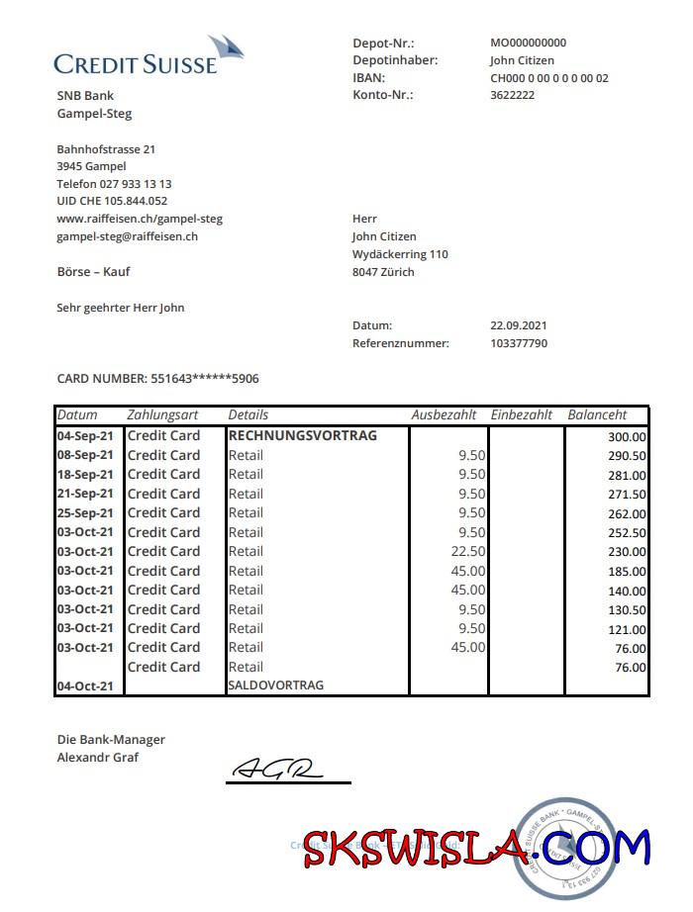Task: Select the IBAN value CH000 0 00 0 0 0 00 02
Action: pyautogui.click(x=549, y=78)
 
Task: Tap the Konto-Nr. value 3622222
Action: pyautogui.click(x=513, y=95)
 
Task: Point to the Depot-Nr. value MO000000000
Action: pyautogui.click(x=529, y=43)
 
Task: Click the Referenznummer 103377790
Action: pyautogui.click(x=519, y=343)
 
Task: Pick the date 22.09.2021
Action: pyautogui.click(x=519, y=325)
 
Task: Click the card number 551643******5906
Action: pyautogui.click(x=205, y=379)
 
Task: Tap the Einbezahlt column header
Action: pyautogui.click(x=522, y=415)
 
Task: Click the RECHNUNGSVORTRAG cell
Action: pyautogui.click(x=303, y=435)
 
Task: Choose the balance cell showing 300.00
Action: pyautogui.click(x=627, y=437)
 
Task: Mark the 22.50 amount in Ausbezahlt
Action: pyautogui.click(x=468, y=551)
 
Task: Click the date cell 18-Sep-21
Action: pyautogui.click(x=85, y=474)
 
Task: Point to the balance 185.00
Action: pyautogui.click(x=627, y=572)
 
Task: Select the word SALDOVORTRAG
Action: pyautogui.click(x=276, y=685)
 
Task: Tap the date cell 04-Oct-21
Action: pyautogui.click(x=85, y=686)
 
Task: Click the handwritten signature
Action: pyautogui.click(x=278, y=769)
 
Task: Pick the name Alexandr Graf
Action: pyautogui.click(x=98, y=758)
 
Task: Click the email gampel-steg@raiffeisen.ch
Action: pyautogui.click(x=128, y=236)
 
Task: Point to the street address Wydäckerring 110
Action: pyautogui.click(x=400, y=254)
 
